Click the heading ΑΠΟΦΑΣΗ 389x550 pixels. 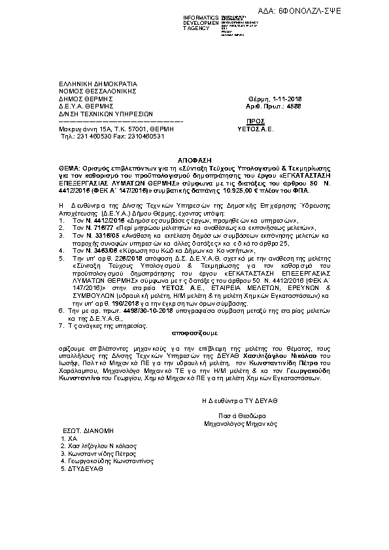pos(194,160)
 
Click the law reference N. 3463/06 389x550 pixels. pos(79,250)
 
